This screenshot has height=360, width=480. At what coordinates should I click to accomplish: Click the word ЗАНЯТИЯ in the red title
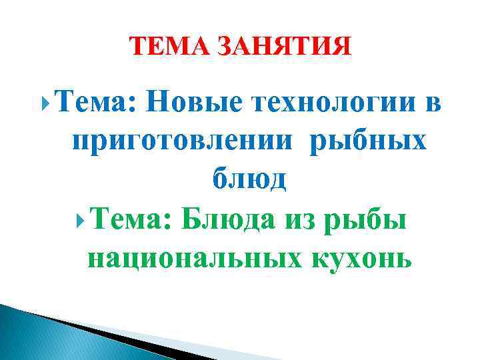(x=284, y=47)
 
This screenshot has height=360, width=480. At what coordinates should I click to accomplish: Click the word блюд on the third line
(x=249, y=178)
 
